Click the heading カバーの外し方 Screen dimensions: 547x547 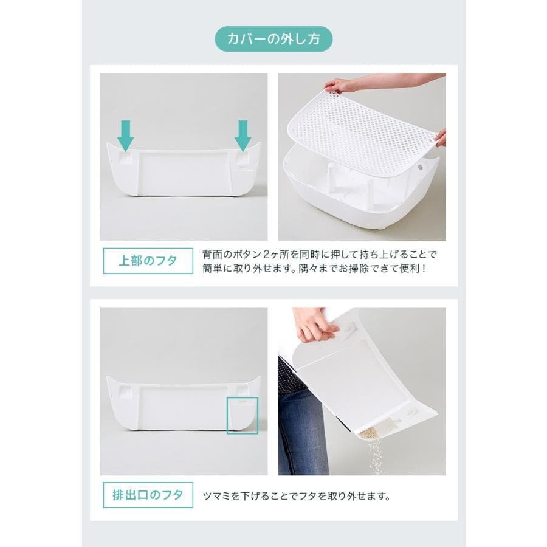coord(273,40)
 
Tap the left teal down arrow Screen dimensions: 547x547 coord(126,135)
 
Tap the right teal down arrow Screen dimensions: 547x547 coord(243,135)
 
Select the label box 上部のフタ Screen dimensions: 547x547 coord(148,261)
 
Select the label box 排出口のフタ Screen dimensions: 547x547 coord(148,495)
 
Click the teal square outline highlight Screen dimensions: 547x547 coord(243,415)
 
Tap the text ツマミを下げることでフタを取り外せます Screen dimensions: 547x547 coord(296,495)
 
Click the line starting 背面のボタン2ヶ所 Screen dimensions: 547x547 coord(320,253)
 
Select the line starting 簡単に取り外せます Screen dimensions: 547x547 coord(315,268)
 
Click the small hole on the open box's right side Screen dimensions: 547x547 coord(421,166)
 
